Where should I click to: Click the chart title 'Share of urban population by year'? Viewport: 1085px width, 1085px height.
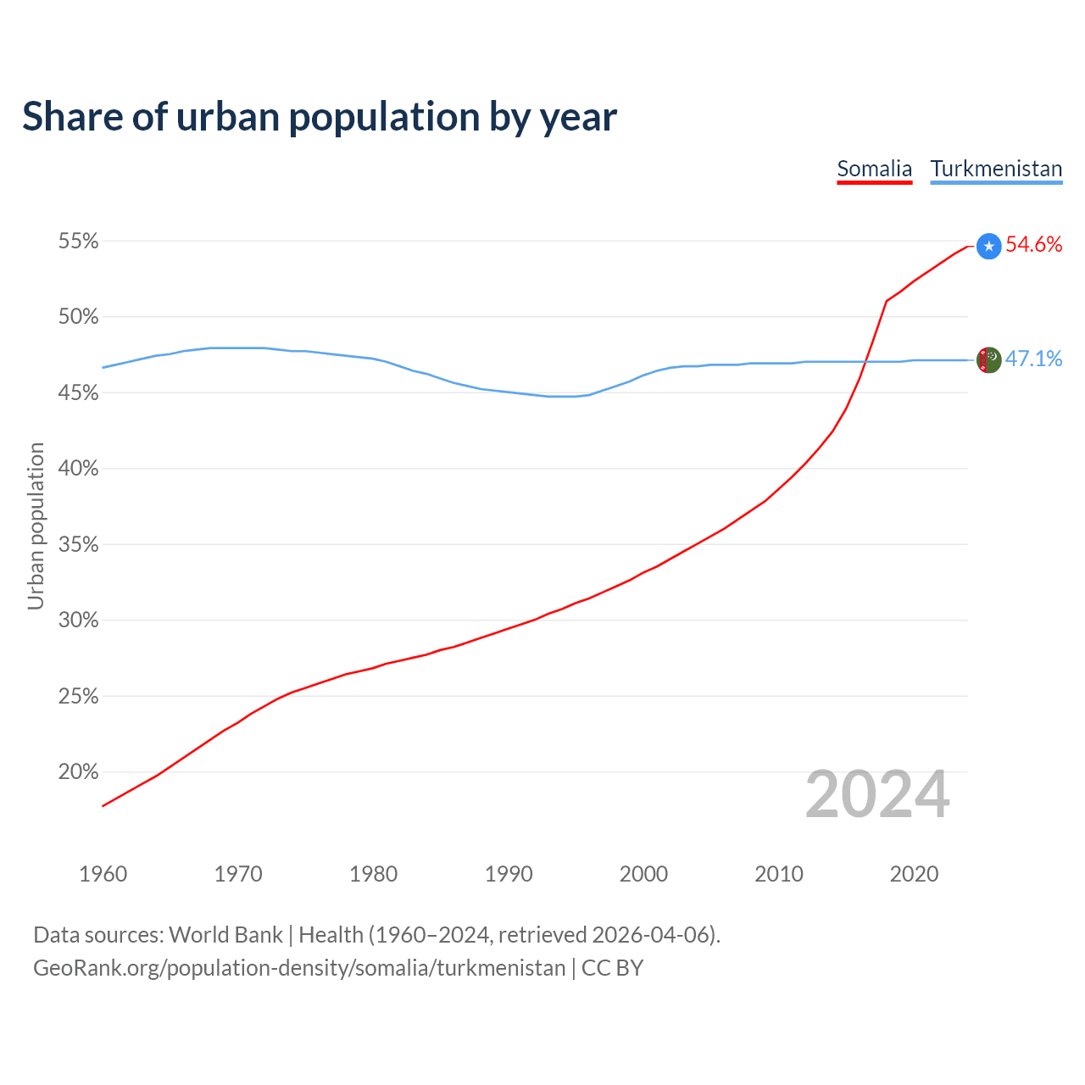click(x=319, y=117)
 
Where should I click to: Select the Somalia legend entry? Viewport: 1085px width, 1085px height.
click(x=874, y=169)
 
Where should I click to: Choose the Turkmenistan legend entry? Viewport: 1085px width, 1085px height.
click(x=996, y=169)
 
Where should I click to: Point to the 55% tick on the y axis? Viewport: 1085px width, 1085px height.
click(x=78, y=242)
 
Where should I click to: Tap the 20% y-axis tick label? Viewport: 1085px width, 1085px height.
click(x=78, y=772)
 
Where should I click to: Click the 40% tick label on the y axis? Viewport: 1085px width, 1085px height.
click(x=78, y=469)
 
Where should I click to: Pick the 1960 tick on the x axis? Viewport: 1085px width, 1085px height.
click(x=103, y=874)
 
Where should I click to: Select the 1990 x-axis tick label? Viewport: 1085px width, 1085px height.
click(x=509, y=874)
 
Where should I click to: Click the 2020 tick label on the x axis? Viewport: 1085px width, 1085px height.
click(x=914, y=874)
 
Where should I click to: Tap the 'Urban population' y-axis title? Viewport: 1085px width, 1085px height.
click(x=36, y=526)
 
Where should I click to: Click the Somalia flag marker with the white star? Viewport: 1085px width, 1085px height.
click(x=988, y=246)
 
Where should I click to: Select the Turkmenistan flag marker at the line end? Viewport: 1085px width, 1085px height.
click(x=988, y=360)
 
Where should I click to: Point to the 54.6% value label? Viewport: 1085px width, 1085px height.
click(x=1033, y=245)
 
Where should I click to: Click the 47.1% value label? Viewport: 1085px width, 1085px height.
click(x=1033, y=359)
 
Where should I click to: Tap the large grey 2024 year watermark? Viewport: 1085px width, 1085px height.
click(x=877, y=794)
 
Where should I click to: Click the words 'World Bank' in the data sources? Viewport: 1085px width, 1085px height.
click(x=225, y=935)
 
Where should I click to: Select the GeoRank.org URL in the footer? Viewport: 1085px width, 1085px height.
click(x=299, y=968)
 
